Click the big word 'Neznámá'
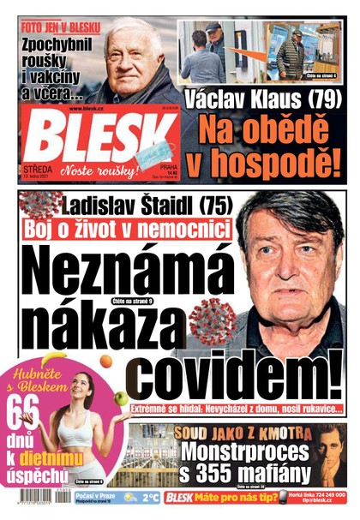pyautogui.click(x=120, y=272)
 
